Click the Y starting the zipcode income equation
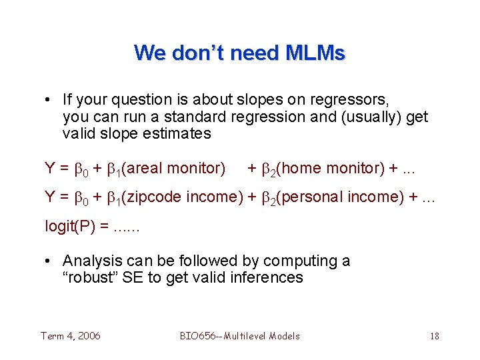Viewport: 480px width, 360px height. point(50,197)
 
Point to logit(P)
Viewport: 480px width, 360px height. point(73,227)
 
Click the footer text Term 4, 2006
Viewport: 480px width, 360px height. point(71,336)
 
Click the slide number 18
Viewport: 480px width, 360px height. point(434,336)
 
